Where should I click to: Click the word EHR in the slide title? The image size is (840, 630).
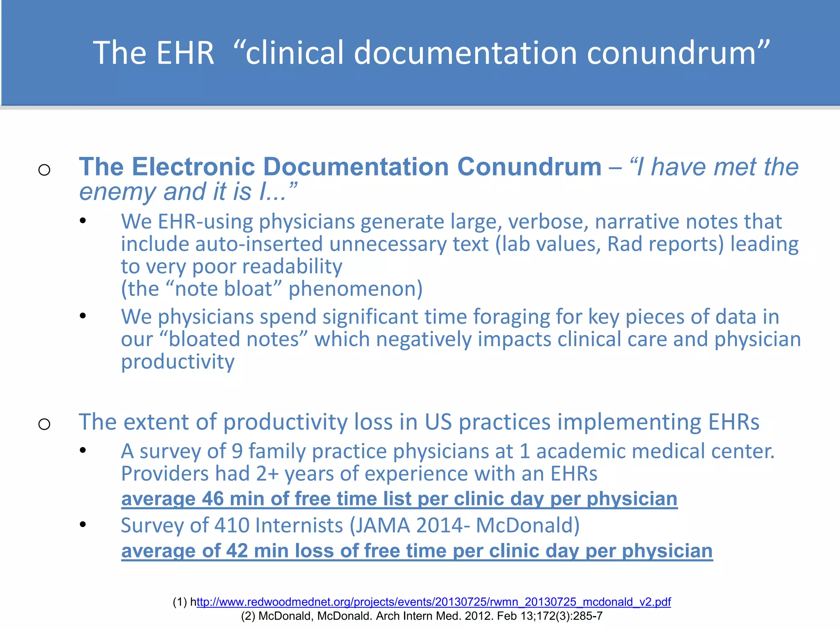tap(185, 53)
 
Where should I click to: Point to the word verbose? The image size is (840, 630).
tap(548, 222)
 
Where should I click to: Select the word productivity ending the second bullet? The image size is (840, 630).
tap(178, 362)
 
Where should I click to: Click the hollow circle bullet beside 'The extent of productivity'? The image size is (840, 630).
tap(44, 424)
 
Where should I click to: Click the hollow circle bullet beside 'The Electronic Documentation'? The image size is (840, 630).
tap(44, 169)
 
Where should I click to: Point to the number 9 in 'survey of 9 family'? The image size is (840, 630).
tap(237, 451)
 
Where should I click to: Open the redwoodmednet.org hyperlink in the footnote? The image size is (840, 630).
tap(433, 602)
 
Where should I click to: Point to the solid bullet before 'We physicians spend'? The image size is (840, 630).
tap(83, 316)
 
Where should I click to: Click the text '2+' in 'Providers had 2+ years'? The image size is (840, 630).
tap(267, 474)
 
